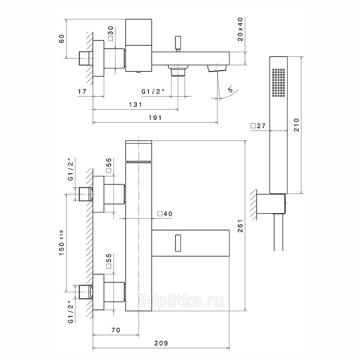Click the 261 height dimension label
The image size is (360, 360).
pos(240,226)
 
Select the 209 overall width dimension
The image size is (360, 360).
pos(161,343)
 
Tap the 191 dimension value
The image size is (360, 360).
pos(155,117)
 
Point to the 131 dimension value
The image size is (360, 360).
pos(136,104)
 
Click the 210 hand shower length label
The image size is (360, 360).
pos(297,125)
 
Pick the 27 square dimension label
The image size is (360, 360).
pos(258,126)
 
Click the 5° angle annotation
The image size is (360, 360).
pos(230,89)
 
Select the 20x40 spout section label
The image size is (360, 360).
pos(240,29)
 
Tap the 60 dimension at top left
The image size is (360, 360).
pos(62,39)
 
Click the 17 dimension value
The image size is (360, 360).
pos(82,91)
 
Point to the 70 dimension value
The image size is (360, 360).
pos(116,330)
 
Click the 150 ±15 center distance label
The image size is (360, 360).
pos(62,243)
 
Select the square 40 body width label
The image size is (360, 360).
pos(165,214)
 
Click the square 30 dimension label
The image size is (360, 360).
pos(110,33)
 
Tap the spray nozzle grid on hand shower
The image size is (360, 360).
pos(278,82)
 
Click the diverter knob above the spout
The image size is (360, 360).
pos(178,44)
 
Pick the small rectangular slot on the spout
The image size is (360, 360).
pos(178,243)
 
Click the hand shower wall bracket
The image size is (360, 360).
pos(271,204)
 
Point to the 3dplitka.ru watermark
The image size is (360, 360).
pos(180,301)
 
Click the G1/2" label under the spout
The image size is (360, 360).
pos(153,92)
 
